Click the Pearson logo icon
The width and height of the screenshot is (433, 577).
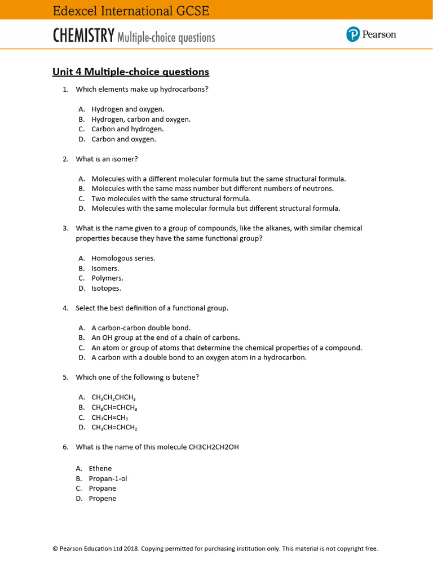(353, 35)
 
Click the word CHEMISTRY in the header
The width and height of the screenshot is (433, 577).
(84, 37)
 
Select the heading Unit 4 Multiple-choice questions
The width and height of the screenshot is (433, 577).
(131, 72)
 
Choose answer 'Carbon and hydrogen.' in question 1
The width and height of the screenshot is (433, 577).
(127, 129)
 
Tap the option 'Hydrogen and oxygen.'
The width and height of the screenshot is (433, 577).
(128, 109)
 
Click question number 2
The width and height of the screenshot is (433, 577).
(65, 159)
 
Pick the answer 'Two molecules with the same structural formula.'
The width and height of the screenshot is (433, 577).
(171, 198)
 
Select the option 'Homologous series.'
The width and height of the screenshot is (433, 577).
(123, 258)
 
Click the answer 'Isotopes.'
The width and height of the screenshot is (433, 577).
(106, 288)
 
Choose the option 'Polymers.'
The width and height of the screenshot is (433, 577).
(107, 278)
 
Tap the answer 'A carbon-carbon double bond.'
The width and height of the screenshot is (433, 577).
(141, 327)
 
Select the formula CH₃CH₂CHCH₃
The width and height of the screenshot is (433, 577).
(114, 397)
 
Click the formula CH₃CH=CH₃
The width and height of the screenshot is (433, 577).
(109, 418)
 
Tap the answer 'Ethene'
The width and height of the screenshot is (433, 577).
(100, 468)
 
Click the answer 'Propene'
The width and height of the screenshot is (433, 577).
(103, 499)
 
